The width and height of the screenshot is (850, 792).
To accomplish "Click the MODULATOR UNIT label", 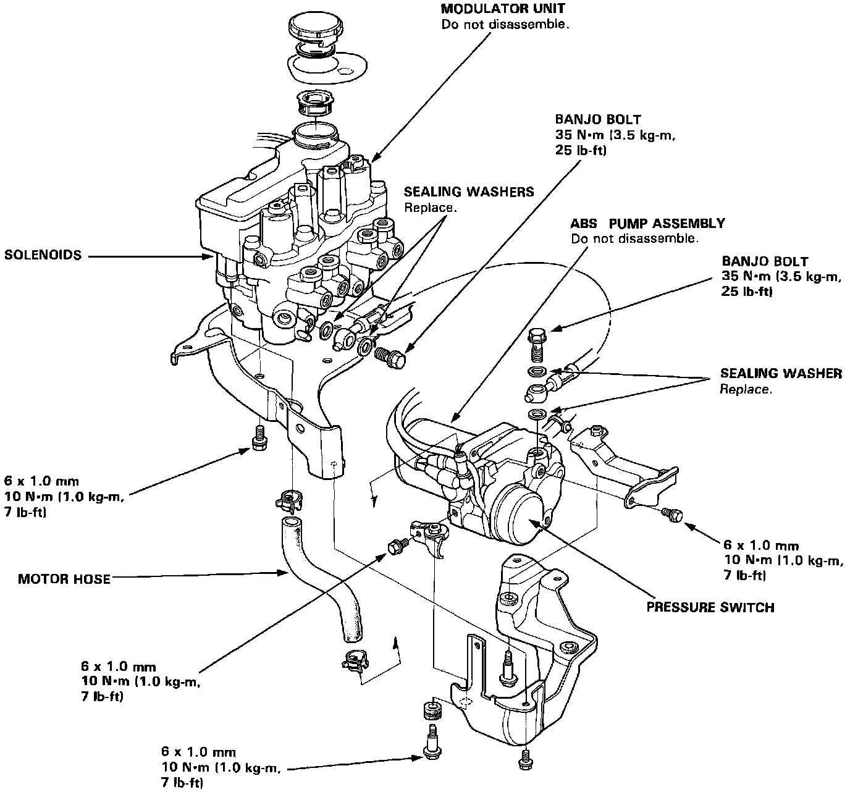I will click(502, 9).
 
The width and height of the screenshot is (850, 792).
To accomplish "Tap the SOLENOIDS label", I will click(43, 255).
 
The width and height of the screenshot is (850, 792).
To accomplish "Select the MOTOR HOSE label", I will click(64, 579).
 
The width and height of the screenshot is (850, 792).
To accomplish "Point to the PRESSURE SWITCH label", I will click(710, 607).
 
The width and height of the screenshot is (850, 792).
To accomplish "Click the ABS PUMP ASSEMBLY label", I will click(647, 223).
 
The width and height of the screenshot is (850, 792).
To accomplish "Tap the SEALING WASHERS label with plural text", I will click(469, 192).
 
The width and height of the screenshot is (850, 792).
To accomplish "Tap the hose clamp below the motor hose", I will click(354, 662).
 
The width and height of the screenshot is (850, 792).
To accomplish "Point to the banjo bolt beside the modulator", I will click(389, 357).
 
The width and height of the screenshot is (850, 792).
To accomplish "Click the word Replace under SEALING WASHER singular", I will click(745, 390).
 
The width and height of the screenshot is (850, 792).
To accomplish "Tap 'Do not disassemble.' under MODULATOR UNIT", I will click(504, 25).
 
